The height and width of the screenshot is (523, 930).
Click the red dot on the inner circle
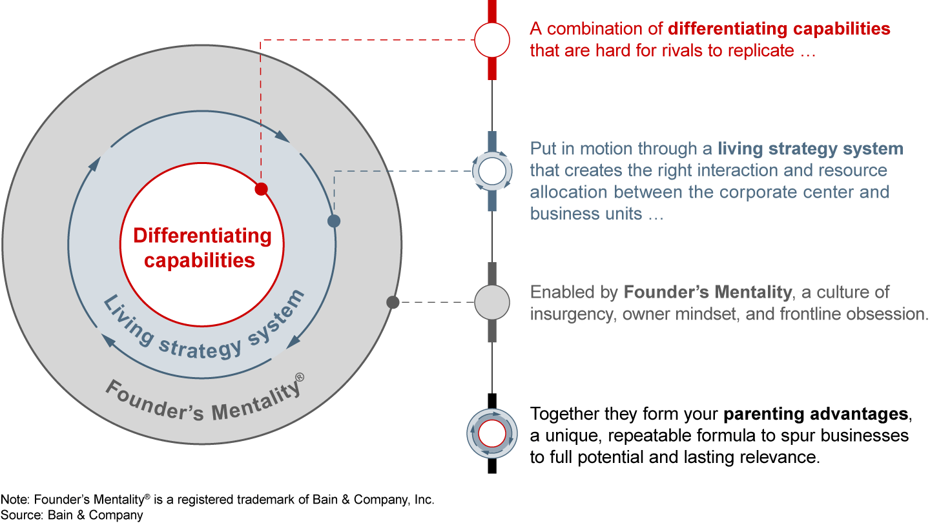[261, 189]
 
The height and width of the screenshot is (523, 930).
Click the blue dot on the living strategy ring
[334, 221]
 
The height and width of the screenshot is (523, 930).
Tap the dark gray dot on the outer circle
[391, 302]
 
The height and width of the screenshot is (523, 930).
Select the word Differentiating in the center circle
[202, 236]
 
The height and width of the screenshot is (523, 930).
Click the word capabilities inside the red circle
[199, 260]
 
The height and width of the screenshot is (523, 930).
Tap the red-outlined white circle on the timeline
[492, 40]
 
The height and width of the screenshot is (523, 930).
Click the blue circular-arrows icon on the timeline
[492, 171]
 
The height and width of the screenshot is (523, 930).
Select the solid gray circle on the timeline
[492, 302]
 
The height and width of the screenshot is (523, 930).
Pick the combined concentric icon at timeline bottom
[492, 433]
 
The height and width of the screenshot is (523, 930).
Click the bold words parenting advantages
[816, 413]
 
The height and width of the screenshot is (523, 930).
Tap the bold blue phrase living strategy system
[811, 149]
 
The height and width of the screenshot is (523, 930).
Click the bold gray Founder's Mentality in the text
[707, 292]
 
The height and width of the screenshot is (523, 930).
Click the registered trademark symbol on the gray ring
[300, 378]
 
